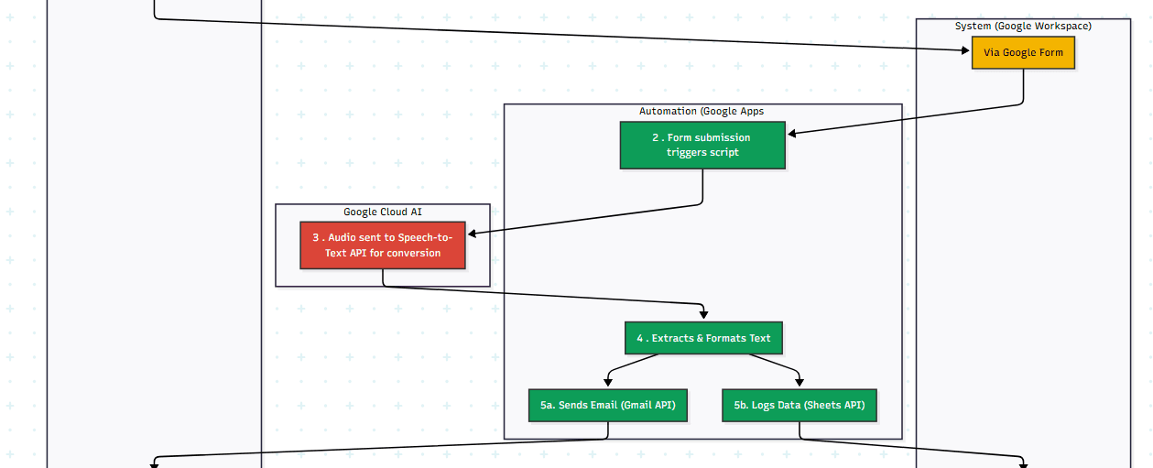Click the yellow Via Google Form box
tap(1023, 53)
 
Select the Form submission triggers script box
tap(702, 146)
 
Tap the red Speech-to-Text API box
tap(383, 245)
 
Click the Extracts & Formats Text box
tap(703, 338)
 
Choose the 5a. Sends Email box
tap(607, 405)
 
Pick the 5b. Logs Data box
tap(799, 405)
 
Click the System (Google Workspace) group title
tap(1023, 26)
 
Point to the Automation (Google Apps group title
tap(702, 111)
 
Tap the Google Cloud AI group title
tap(383, 212)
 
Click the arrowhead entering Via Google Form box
tap(965, 49)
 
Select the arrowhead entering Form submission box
tap(792, 134)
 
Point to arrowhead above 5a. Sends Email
tap(607, 382)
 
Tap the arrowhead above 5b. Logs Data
tap(799, 382)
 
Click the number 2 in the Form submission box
tap(656, 137)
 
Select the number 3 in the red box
tap(315, 237)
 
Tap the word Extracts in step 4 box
tap(672, 338)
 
